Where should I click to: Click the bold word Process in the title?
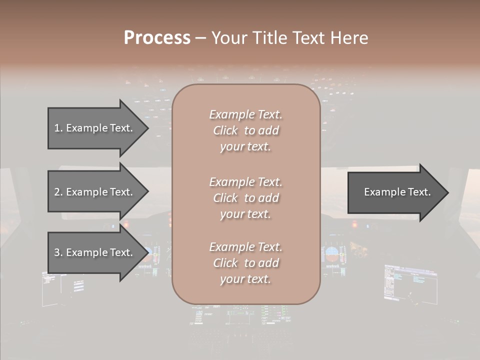(x=157, y=38)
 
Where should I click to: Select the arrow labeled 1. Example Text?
(x=93, y=128)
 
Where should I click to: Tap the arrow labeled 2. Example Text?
(x=93, y=192)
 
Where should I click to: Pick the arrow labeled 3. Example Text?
(x=93, y=253)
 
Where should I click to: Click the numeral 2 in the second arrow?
(x=57, y=192)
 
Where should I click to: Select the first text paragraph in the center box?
(x=245, y=130)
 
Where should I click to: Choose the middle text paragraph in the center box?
(x=245, y=198)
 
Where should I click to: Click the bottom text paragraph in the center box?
(x=245, y=263)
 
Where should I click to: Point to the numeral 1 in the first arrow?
(x=57, y=128)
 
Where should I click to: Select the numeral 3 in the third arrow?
(x=57, y=253)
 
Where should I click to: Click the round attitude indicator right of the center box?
(x=331, y=254)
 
